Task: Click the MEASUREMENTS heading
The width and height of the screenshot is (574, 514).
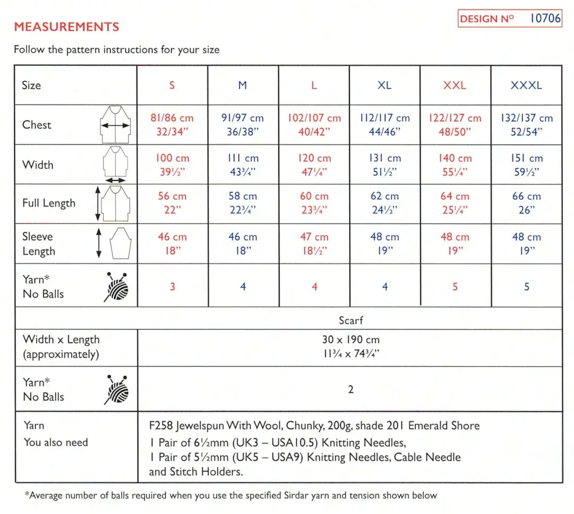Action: (66, 27)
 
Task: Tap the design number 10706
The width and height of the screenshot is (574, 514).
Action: (545, 19)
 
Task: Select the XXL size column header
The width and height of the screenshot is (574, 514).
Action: (454, 85)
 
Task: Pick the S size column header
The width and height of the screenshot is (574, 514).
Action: (172, 85)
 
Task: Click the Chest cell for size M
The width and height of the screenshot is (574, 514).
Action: (242, 124)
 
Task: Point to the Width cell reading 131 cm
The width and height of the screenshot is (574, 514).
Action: (384, 165)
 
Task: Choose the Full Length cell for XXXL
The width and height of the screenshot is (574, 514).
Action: (526, 203)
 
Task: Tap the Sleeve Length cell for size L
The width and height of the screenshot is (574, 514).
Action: (314, 244)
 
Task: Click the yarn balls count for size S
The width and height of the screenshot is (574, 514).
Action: (172, 287)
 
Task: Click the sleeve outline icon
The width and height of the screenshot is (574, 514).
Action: (120, 244)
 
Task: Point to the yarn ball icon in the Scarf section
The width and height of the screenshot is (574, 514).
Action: (116, 390)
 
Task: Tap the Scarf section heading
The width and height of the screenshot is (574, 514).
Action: (350, 321)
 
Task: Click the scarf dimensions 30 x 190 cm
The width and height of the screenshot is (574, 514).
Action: (350, 340)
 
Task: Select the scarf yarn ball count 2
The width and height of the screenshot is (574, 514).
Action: (350, 390)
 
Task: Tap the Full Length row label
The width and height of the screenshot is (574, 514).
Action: (49, 203)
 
